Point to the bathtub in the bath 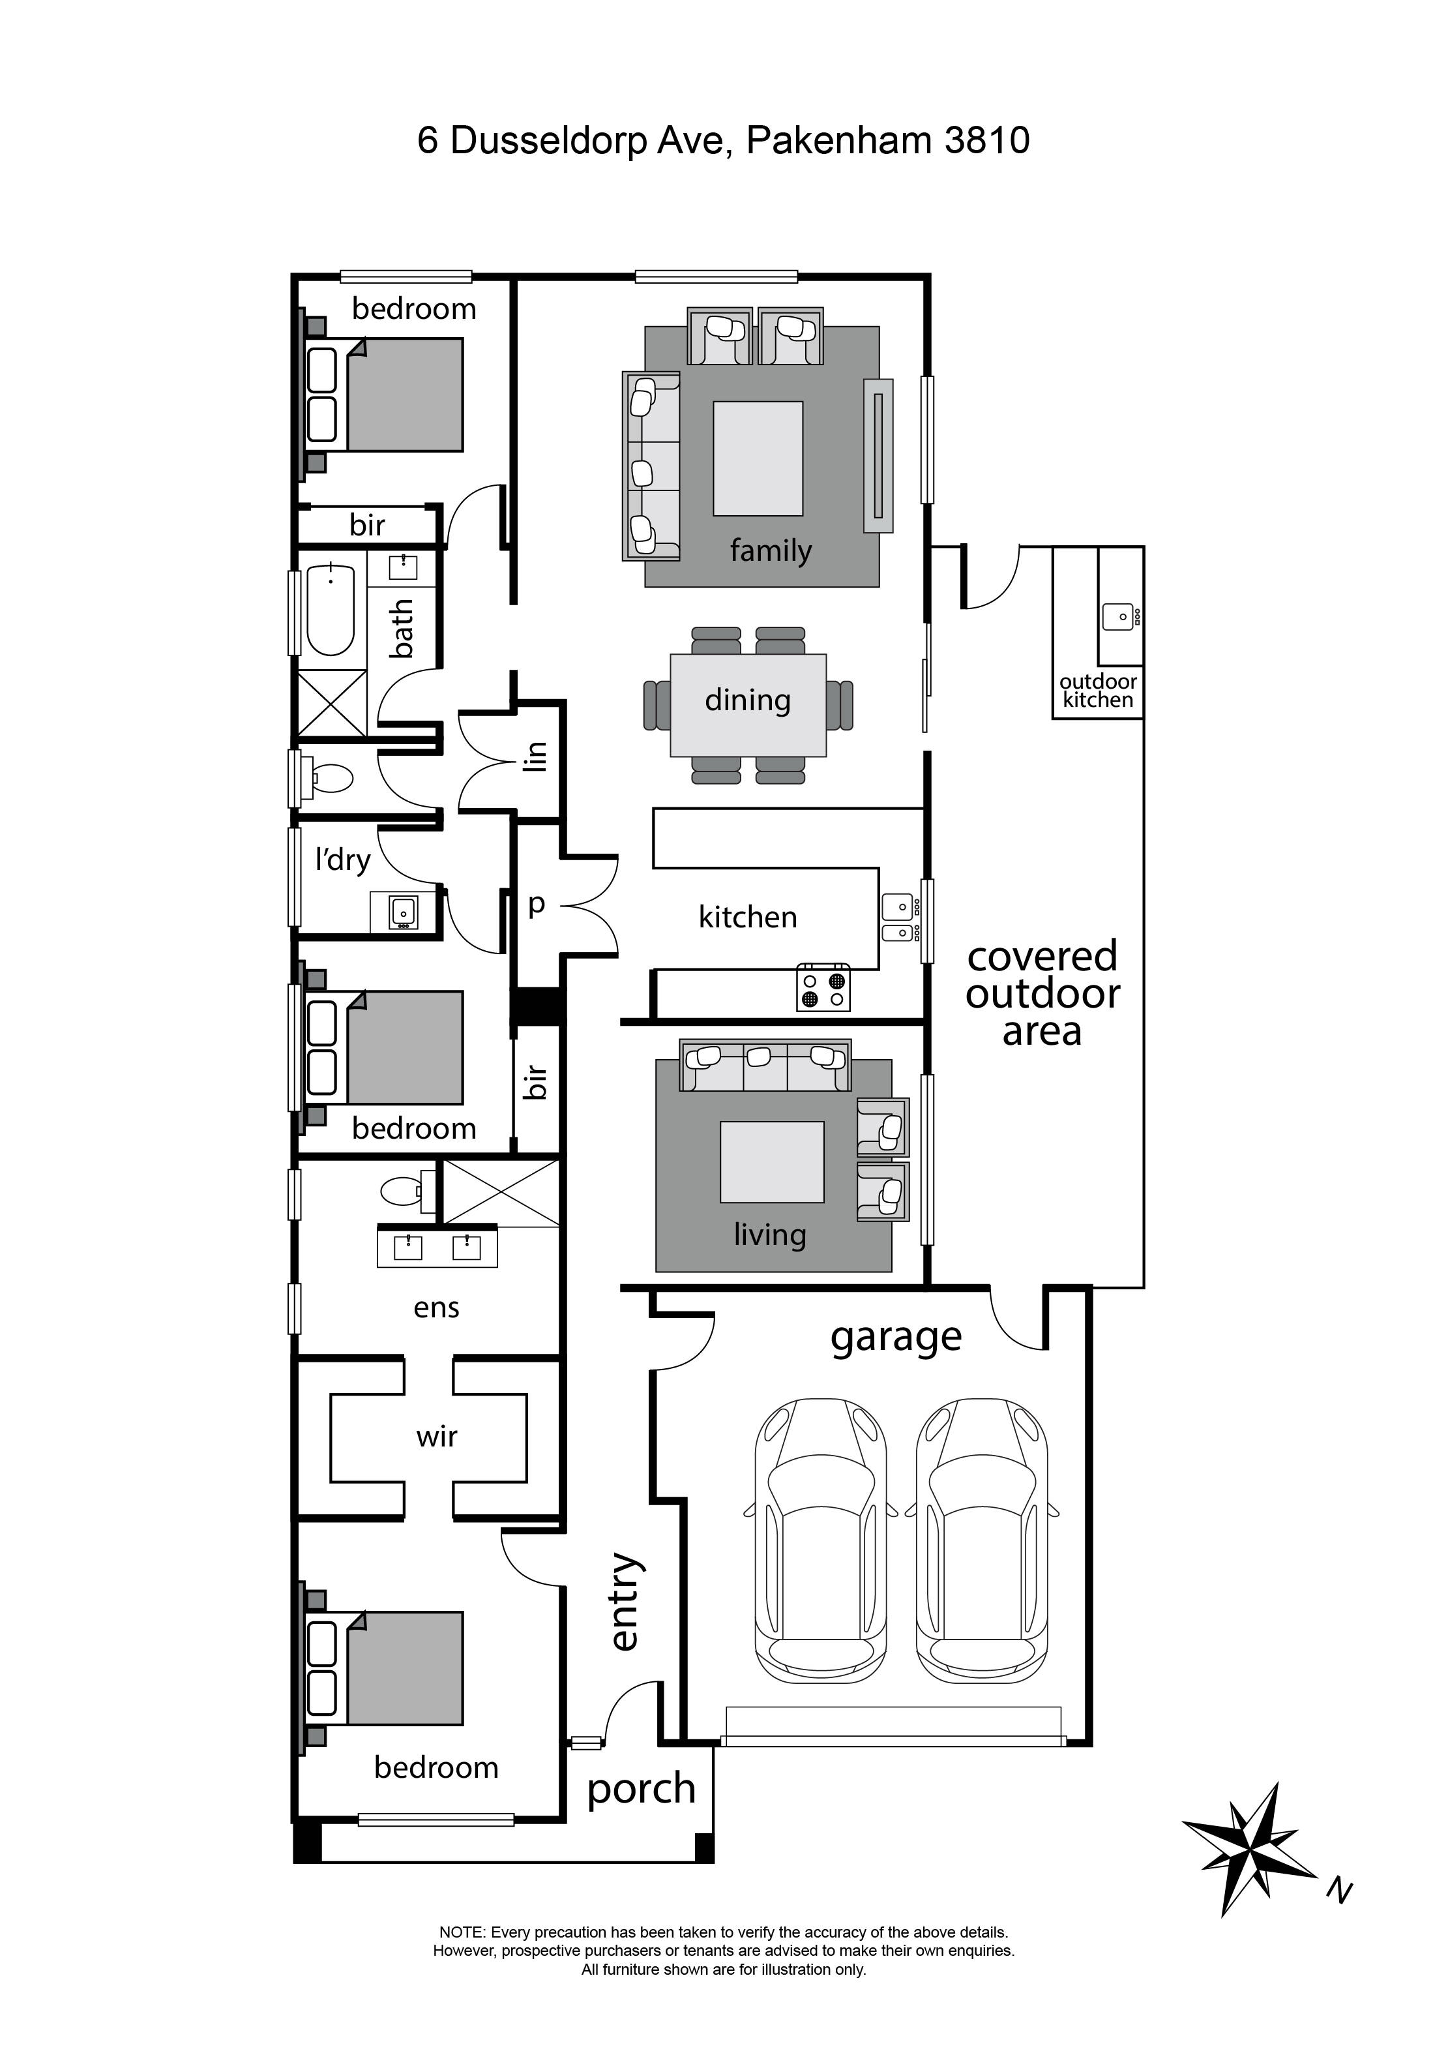coord(331,610)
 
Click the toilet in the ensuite coord(402,1191)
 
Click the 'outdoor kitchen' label coord(1098,691)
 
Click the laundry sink coord(403,911)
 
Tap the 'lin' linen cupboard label coord(535,757)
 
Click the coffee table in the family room coord(757,458)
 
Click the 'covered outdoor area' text coord(1042,993)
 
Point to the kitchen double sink coord(899,918)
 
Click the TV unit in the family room coord(878,456)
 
